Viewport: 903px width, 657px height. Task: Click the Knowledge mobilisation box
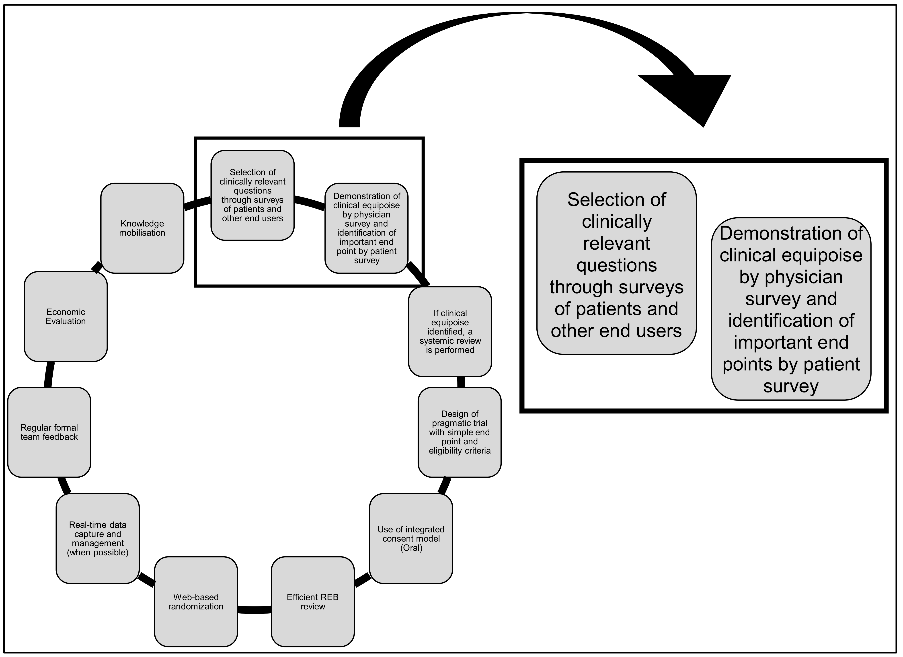[x=142, y=228]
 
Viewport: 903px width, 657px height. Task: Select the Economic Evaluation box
[x=66, y=316]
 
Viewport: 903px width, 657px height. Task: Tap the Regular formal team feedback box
[x=49, y=432]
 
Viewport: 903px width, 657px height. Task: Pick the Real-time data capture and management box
[x=98, y=538]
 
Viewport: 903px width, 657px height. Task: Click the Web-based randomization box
[x=196, y=602]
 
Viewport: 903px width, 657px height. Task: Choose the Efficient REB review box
[x=312, y=602]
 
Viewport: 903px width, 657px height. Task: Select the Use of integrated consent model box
[x=411, y=538]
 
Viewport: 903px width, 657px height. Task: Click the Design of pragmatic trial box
[x=460, y=432]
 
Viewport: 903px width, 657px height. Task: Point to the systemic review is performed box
[x=450, y=331]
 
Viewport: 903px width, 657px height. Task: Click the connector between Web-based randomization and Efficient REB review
[x=254, y=610]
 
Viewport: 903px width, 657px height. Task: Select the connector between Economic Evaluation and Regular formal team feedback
[x=49, y=374]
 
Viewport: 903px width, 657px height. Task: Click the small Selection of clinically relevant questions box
[x=252, y=195]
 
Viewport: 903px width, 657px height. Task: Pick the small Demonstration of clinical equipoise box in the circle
[x=366, y=228]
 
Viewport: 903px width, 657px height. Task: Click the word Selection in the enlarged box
[x=616, y=200]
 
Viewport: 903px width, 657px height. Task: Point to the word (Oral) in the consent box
[x=411, y=548]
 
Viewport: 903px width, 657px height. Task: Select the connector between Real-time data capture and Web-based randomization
[x=146, y=579]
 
